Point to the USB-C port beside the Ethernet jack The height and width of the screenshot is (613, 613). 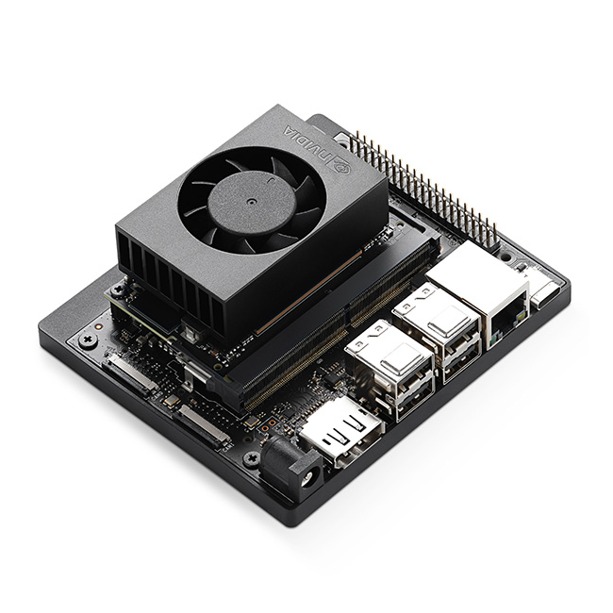[x=545, y=291]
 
